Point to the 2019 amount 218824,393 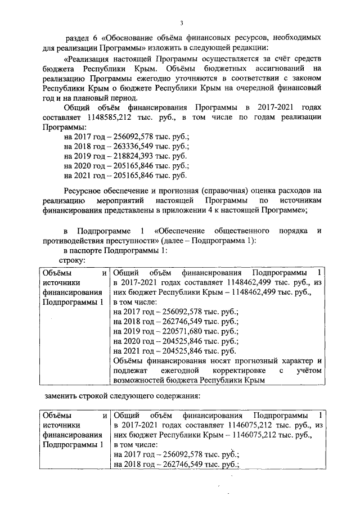pyautogui.click(x=123, y=156)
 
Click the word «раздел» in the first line pyautogui.click(x=77, y=38)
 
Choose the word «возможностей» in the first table pyautogui.click(x=139, y=380)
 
